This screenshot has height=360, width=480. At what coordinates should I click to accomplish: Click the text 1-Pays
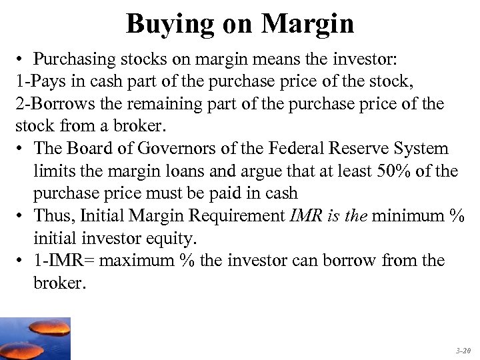coord(39,83)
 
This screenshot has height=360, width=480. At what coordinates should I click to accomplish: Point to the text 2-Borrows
coord(50,105)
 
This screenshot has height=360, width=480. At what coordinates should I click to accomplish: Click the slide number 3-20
coord(463,349)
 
